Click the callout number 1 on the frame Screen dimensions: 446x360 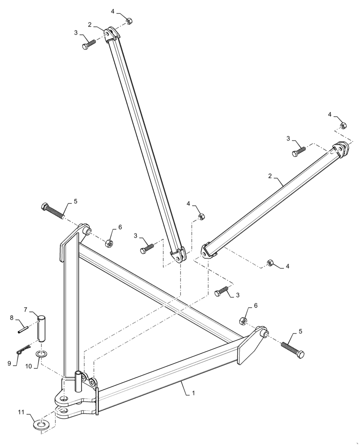coord(193,393)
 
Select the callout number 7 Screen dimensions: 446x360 coord(26,309)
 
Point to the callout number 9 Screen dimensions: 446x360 coord(9,363)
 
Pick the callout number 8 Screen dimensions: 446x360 coord(12,318)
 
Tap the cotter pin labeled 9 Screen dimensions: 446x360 coord(23,351)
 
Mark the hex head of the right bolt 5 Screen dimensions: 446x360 coord(301,354)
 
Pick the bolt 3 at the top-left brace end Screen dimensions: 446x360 coord(88,46)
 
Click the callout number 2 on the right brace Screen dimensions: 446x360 coord(270,177)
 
